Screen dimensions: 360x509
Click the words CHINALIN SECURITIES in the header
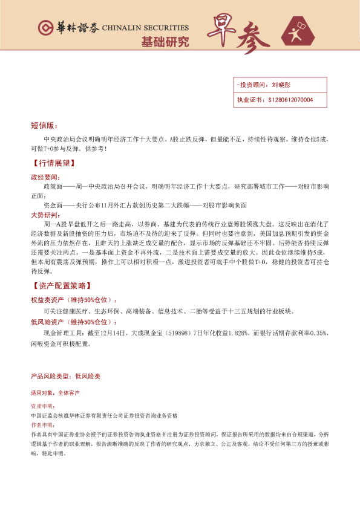(x=145, y=28)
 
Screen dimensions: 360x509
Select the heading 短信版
(x=44, y=126)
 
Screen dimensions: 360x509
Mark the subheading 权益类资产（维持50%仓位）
(x=74, y=300)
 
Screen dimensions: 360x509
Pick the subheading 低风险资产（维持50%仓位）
(x=74, y=322)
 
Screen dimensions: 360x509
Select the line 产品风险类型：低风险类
(x=65, y=376)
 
